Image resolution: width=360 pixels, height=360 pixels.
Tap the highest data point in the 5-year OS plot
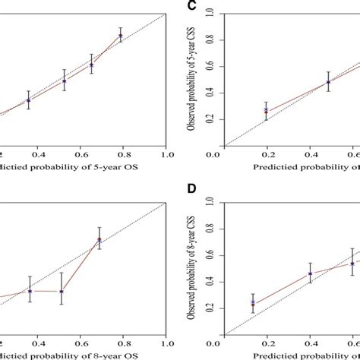click(120, 35)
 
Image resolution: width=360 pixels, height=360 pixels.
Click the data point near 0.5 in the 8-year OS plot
click(62, 291)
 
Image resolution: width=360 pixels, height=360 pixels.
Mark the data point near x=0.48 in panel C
click(328, 81)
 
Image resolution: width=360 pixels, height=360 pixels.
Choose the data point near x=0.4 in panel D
click(310, 273)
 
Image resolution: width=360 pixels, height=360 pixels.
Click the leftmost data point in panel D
click(253, 303)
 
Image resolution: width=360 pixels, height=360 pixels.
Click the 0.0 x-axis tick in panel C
click(224, 157)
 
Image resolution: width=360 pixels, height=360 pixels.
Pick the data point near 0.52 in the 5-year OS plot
click(65, 80)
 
